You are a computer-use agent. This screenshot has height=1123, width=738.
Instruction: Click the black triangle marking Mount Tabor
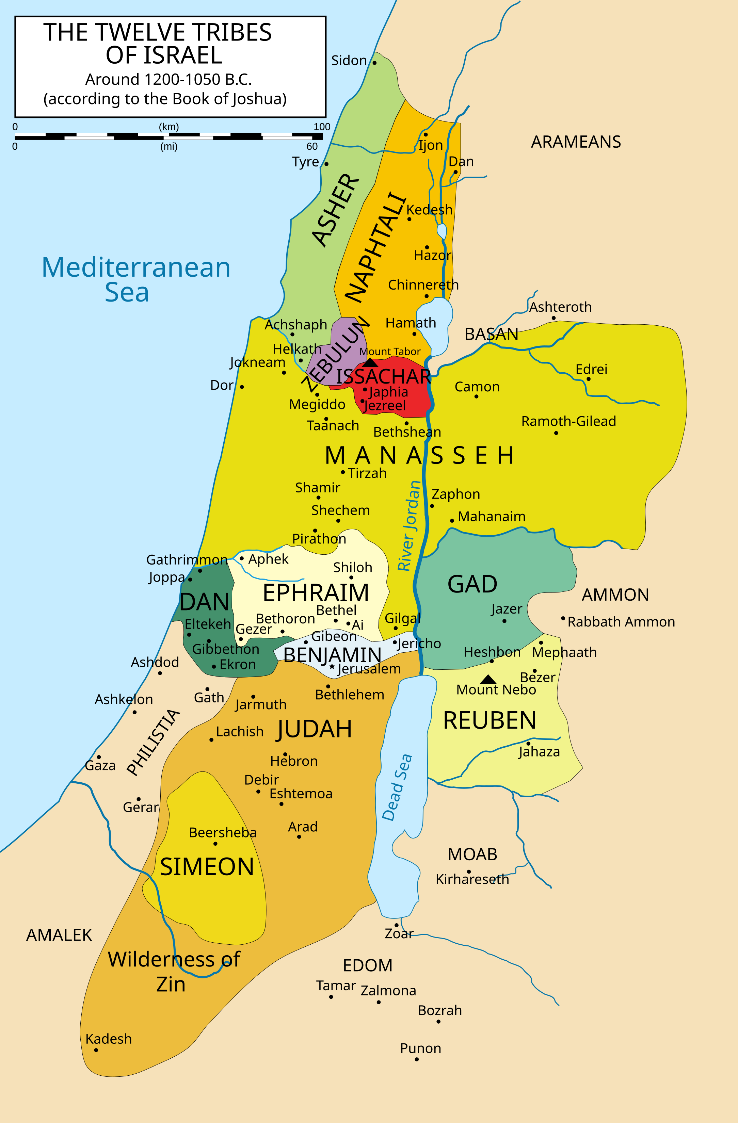point(370,363)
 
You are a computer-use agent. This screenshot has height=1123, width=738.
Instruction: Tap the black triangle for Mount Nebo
point(488,680)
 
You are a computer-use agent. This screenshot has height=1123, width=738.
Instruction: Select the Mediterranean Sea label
point(136,279)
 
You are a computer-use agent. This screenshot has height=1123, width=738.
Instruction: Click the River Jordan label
point(408,526)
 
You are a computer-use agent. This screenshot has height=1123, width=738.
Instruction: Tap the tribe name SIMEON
point(207,867)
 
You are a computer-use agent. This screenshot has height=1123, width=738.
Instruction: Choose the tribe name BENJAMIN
point(332,655)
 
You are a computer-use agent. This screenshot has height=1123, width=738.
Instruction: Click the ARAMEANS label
point(576,142)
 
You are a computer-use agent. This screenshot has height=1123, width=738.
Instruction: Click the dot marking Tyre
point(326,164)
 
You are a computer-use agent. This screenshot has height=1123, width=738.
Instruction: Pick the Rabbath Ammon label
point(621,622)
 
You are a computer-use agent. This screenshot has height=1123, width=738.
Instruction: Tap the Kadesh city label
point(109,1039)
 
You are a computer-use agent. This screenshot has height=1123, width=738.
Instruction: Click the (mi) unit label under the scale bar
point(169,146)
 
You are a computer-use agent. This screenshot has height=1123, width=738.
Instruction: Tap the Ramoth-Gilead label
point(568,421)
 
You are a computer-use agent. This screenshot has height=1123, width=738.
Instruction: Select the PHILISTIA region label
point(154,742)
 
